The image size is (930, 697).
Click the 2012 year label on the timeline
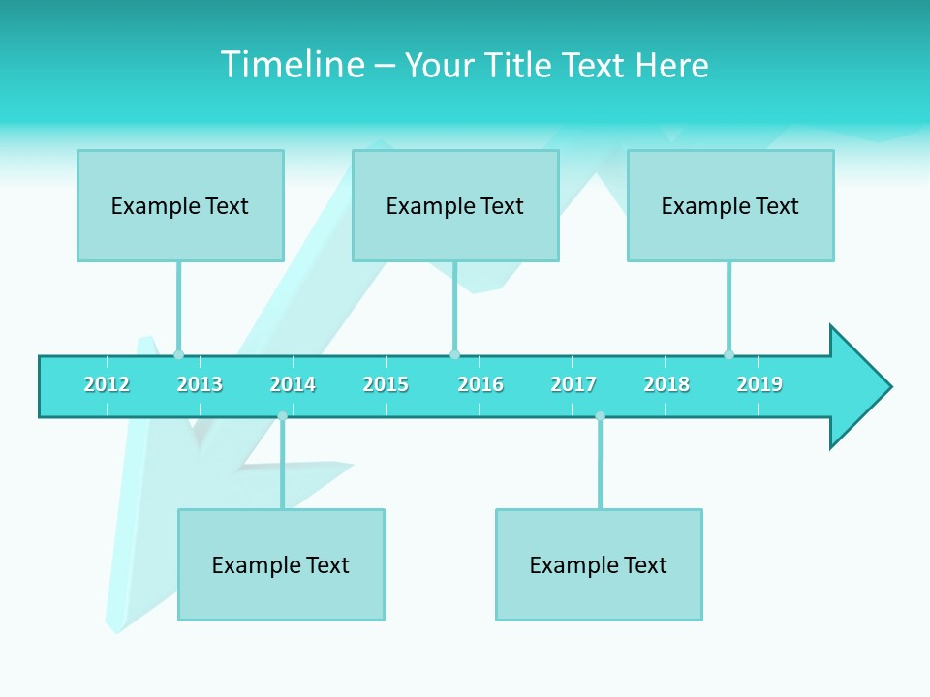tap(107, 384)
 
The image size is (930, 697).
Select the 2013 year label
tap(200, 384)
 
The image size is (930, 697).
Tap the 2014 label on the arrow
tap(293, 384)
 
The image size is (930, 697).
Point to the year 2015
tap(386, 384)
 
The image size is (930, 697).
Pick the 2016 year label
tap(480, 384)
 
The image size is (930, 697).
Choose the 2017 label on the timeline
tap(573, 384)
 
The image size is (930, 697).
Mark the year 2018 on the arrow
tap(666, 384)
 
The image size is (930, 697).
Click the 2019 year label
tap(759, 384)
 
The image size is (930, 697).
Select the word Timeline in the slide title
tap(292, 65)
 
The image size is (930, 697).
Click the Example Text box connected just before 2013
tap(180, 205)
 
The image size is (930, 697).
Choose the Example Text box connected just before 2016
tap(455, 205)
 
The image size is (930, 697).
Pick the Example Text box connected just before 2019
tap(730, 205)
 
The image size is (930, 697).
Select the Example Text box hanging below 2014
tap(281, 564)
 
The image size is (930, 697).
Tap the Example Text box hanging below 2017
tap(599, 564)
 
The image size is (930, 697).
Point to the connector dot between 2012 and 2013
tap(178, 354)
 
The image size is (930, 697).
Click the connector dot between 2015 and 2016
tap(454, 354)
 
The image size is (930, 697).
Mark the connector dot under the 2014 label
tap(282, 416)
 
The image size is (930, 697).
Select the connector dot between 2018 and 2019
tap(728, 354)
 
